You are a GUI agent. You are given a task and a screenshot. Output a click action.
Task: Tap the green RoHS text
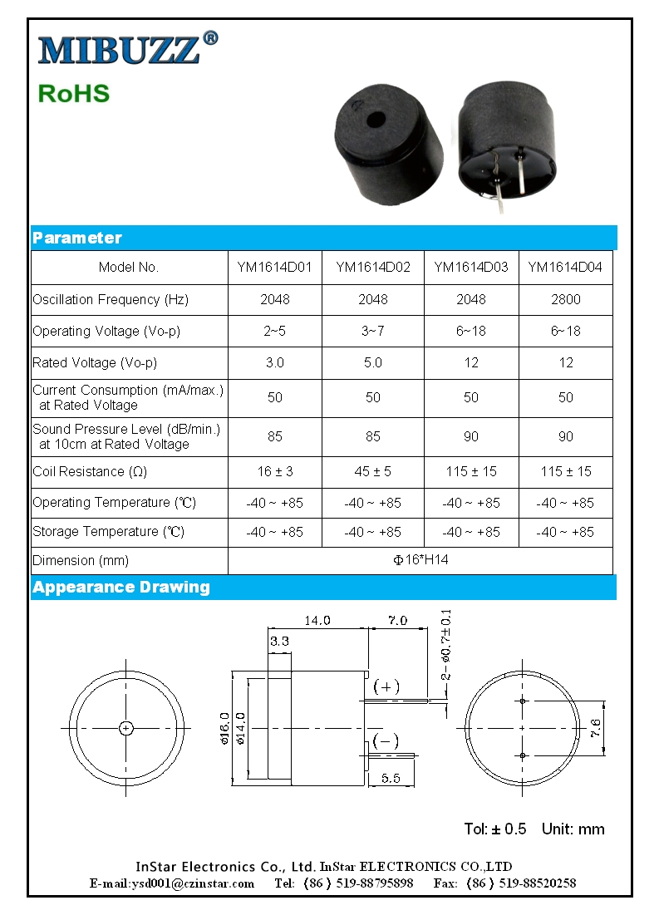point(74,93)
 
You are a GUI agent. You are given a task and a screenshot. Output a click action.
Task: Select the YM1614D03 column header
point(471,268)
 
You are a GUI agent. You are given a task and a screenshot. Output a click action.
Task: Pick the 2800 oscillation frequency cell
point(566,299)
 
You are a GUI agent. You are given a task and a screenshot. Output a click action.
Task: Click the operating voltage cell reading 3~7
point(373,331)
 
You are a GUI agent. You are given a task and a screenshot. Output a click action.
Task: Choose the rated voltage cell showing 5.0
point(373,362)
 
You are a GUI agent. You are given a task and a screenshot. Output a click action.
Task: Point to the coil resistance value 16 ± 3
point(275,471)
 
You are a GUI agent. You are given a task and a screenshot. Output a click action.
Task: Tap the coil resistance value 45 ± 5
point(373,471)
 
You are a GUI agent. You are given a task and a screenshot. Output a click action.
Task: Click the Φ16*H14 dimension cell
point(420,560)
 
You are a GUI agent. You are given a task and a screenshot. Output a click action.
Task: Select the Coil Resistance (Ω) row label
point(90,472)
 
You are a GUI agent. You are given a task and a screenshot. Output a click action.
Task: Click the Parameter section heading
point(77,238)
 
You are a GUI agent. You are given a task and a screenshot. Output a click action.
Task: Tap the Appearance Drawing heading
point(121,587)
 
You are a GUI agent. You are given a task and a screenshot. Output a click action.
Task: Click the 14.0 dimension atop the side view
point(317,620)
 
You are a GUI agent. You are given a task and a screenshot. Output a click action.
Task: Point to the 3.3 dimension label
point(279,641)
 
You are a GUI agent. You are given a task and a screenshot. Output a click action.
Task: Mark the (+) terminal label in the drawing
point(386,686)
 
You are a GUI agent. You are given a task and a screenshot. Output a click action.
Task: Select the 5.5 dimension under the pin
point(391,779)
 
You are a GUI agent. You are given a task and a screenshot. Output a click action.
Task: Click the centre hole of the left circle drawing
point(125,728)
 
